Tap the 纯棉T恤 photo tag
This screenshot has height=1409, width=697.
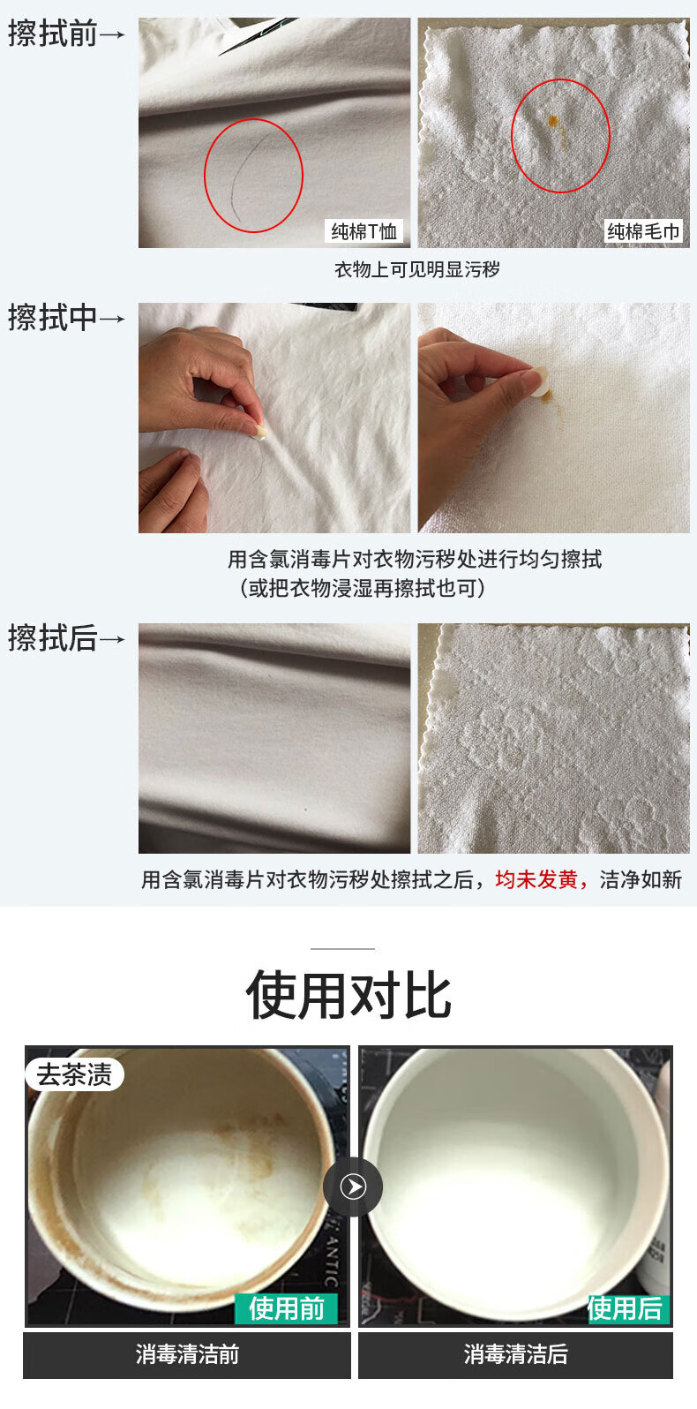point(364,231)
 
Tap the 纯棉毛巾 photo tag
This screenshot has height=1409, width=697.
point(643,231)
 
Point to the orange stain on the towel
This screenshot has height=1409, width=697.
point(553,121)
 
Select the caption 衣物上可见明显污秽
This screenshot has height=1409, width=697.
point(416,269)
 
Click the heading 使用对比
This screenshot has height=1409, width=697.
point(348,996)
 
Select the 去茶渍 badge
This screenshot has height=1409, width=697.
point(74,1074)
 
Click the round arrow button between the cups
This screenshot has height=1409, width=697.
point(353,1187)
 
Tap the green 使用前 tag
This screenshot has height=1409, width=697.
point(286,1307)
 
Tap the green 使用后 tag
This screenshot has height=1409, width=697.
point(625,1307)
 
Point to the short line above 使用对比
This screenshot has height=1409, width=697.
point(342,949)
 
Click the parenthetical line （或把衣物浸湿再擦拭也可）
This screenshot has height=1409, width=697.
point(362,588)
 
